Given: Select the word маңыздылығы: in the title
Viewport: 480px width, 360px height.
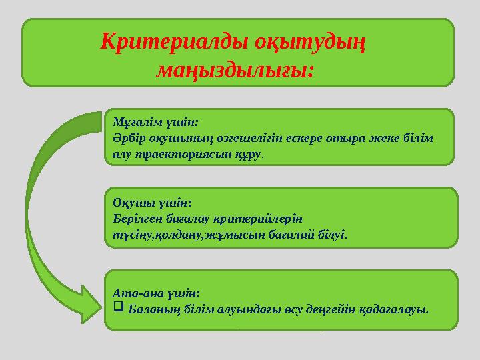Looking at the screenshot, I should (235, 68).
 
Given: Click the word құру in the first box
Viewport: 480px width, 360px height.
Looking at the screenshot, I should (247, 154).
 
